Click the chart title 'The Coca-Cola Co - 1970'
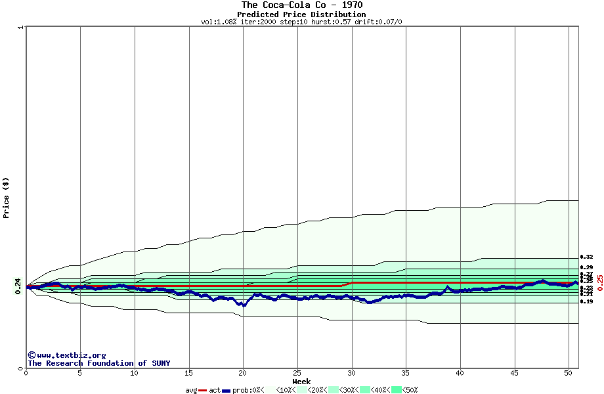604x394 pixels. tap(301, 5)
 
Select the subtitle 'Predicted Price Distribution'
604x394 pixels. tap(301, 14)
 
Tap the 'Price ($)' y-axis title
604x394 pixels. tap(6, 198)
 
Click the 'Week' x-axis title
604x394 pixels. tap(301, 382)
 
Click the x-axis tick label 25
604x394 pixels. tap(297, 373)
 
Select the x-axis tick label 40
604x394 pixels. tap(460, 373)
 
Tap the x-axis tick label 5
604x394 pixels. tap(80, 373)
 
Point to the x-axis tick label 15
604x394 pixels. tap(189, 373)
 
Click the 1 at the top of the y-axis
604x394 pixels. tap(21, 28)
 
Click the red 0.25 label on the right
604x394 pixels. tap(599, 283)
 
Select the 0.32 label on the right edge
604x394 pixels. tap(586, 257)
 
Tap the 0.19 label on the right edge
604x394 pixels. tap(586, 301)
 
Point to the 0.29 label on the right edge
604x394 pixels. tap(586, 267)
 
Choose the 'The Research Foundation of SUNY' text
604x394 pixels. tap(98, 363)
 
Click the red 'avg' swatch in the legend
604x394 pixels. tap(203, 390)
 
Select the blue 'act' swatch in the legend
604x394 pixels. tap(226, 390)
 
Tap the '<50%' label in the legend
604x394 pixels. tap(410, 390)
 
